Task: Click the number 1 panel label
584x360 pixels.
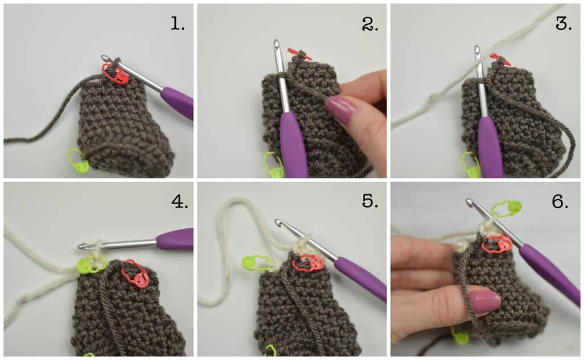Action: (x=178, y=24)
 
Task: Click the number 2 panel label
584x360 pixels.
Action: (x=370, y=24)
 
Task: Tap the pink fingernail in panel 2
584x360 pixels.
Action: (x=340, y=109)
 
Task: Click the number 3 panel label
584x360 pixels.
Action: (x=563, y=23)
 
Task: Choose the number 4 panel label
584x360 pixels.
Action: (x=180, y=201)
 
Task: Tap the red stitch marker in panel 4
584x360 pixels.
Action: (x=135, y=274)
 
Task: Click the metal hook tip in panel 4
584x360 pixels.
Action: (x=82, y=246)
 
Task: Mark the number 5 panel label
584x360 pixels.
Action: (x=370, y=201)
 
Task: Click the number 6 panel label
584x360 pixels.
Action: (x=560, y=201)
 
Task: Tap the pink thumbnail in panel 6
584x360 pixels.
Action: (x=484, y=301)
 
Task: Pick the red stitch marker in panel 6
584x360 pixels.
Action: (x=497, y=245)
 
